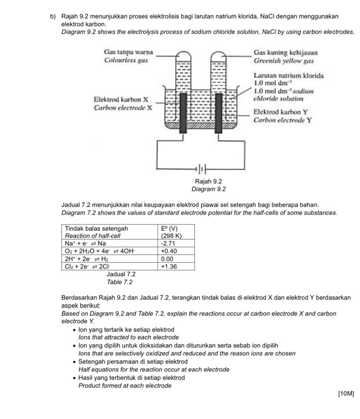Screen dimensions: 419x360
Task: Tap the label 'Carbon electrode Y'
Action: pyautogui.click(x=282, y=120)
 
